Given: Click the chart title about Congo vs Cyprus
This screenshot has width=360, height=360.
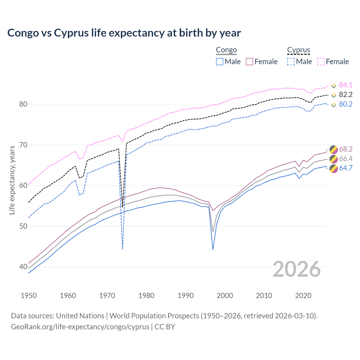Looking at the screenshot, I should pos(124,33).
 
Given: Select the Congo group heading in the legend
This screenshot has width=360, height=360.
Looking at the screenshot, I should pos(226,50).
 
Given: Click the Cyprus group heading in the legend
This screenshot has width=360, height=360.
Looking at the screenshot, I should pos(298,50).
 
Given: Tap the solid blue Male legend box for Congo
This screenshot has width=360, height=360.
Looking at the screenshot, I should pos(220,62).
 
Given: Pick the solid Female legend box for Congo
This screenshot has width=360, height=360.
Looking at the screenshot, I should pos(249,62).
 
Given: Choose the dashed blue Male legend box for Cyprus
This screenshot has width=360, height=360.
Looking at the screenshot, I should pos(291,62).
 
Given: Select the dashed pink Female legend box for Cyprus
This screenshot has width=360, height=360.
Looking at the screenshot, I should pos(321,62).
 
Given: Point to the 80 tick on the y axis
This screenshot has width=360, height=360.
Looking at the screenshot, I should pos(23,104).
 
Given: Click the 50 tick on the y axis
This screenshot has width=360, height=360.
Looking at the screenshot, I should pos(23,226).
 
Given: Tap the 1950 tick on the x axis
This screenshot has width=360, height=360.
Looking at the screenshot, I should pos(29,296).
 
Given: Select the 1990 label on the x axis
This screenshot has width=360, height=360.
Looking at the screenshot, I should pos(186,296).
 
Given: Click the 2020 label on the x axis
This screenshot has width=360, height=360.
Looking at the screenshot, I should pos(303,296).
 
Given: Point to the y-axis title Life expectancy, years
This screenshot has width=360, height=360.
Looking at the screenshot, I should pos(12,180).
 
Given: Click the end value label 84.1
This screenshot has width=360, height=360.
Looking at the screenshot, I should pos(346,85).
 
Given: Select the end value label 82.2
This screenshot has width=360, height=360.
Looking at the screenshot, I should pos(346,94).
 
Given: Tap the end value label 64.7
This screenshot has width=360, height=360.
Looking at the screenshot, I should pos(346,168).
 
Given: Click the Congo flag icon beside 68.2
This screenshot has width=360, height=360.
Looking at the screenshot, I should pos(334,149).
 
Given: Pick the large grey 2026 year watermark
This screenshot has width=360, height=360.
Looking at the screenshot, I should pos(297,269).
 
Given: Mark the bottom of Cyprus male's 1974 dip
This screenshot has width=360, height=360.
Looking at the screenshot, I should pos(123,249).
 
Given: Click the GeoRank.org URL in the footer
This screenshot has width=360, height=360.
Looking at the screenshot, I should pos(80,327).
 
